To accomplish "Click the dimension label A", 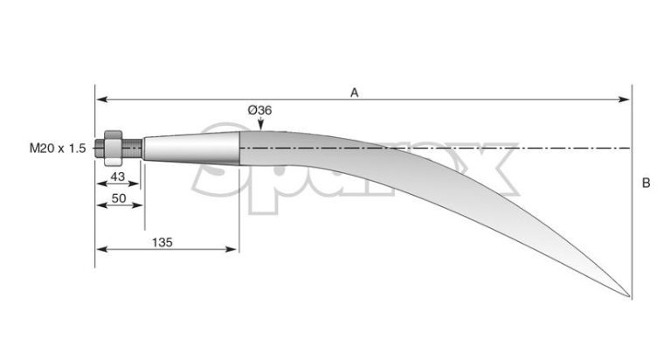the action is point(355,93).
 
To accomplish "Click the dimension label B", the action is point(647,183).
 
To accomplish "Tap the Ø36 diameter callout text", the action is point(259,110).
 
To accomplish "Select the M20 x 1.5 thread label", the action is point(58,148).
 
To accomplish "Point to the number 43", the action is point(118,177).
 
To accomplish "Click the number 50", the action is point(119,197).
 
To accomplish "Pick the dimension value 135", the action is point(163,242).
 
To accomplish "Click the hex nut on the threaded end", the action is point(113,148).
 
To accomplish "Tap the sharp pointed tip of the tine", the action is point(629,297).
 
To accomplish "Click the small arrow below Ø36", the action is point(260,123).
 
